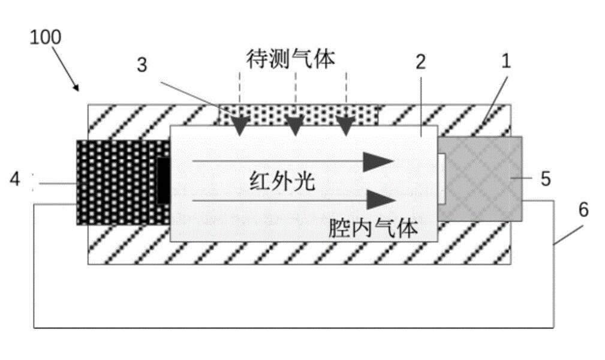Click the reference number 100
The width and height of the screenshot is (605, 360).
(46, 37)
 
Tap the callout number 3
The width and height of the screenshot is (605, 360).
(142, 65)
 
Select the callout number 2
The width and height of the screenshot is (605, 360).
(421, 61)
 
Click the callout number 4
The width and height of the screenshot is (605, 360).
(15, 179)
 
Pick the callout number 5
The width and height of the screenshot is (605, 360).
(544, 178)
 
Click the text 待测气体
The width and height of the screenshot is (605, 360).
(291, 59)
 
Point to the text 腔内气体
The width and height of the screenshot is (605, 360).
(373, 228)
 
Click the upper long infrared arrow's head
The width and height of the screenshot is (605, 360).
(379, 161)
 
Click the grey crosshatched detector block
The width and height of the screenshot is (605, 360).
(480, 179)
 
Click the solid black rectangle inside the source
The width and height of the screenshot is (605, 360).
(162, 180)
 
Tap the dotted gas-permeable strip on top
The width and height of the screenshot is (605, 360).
(298, 114)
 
